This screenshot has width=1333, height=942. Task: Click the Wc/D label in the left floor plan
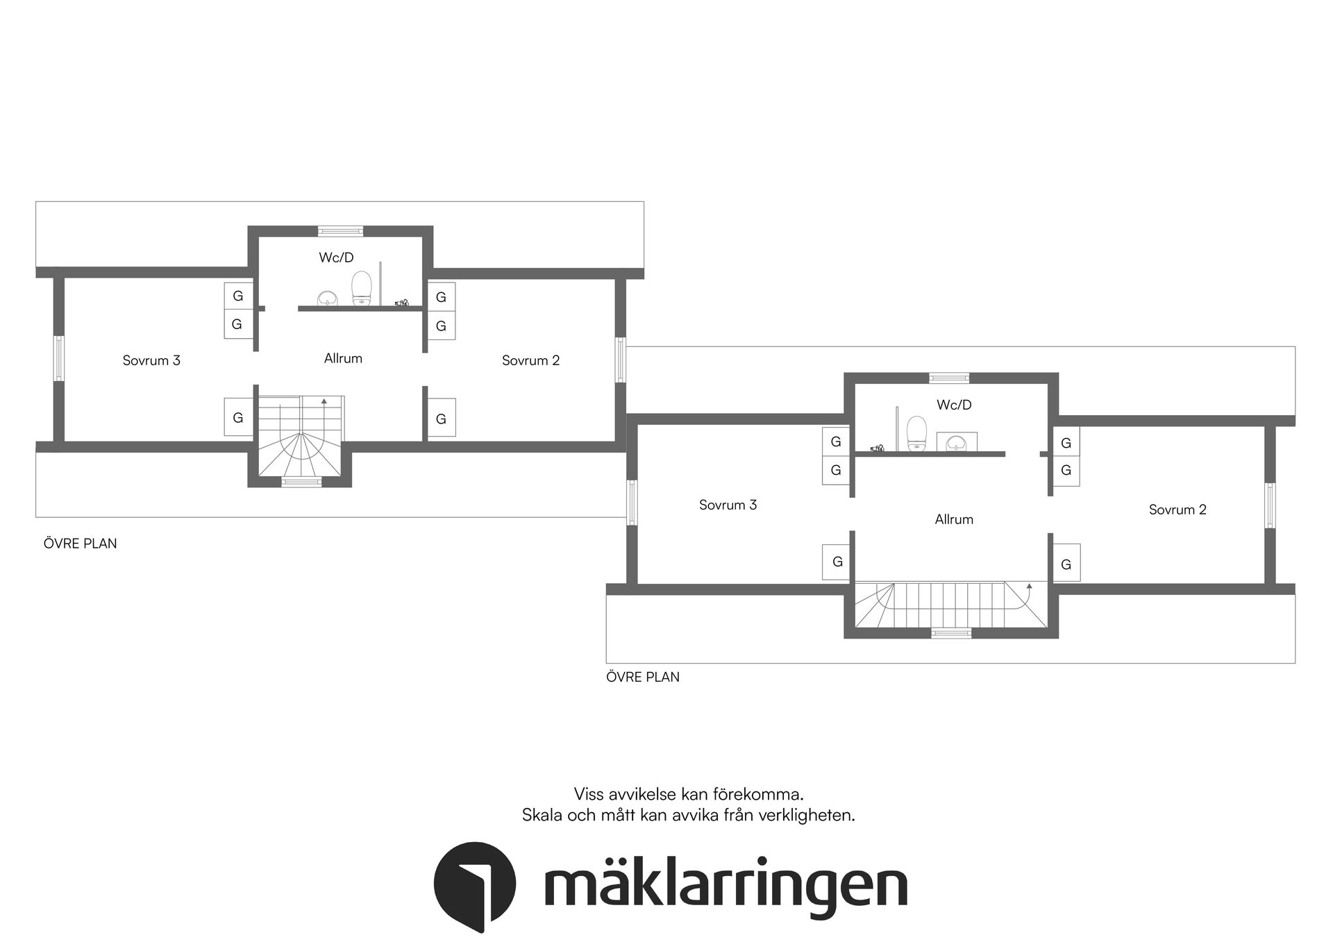(336, 258)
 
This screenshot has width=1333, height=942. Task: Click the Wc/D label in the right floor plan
(953, 405)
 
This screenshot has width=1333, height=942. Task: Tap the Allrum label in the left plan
(343, 358)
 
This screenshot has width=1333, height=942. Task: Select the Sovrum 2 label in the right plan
(1177, 510)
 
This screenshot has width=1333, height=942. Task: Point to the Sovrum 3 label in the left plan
(151, 360)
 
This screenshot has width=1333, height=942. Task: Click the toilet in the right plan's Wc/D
(917, 433)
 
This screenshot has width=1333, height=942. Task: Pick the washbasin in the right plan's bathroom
(957, 441)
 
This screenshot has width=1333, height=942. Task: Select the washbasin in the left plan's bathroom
(326, 298)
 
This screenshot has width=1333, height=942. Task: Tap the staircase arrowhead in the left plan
(324, 401)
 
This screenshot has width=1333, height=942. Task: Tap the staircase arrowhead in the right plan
(1029, 586)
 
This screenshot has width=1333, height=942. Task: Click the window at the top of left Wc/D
(340, 231)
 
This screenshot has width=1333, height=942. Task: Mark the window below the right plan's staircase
(950, 632)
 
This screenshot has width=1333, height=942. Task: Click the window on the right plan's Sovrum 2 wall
(1270, 505)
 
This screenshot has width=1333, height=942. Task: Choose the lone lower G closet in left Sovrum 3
(238, 417)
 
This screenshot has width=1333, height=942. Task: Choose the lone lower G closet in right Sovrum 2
(1066, 563)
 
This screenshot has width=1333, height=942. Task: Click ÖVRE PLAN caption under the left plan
(80, 544)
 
